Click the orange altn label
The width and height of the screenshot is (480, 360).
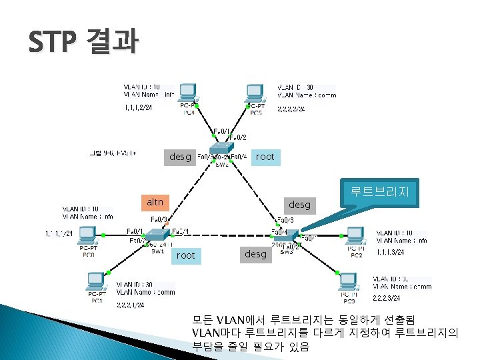pyautogui.click(x=155, y=202)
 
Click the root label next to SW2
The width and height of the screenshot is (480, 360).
pyautogui.click(x=265, y=157)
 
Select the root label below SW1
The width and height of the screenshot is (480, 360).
pyautogui.click(x=186, y=255)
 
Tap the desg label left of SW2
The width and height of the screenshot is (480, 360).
pyautogui.click(x=180, y=157)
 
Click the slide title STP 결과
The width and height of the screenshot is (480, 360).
pyautogui.click(x=84, y=42)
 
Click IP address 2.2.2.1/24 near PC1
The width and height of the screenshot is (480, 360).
pyautogui.click(x=131, y=304)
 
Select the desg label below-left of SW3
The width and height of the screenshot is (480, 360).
pyautogui.click(x=255, y=254)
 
